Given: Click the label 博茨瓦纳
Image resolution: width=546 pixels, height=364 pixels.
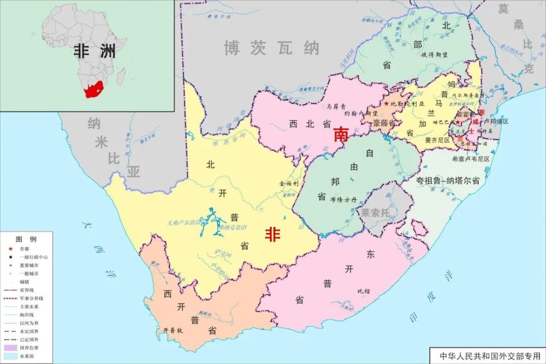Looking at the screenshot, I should pyautogui.click(x=271, y=49).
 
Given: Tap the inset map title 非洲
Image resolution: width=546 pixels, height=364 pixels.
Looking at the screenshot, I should pyautogui.click(x=95, y=52).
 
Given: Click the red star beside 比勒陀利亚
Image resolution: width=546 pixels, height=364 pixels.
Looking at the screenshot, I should pyautogui.click(x=387, y=103).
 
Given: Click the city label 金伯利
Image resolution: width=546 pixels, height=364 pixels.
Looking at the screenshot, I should pyautogui.click(x=289, y=185).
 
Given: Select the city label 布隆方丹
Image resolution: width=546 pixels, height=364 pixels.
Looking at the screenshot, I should pyautogui.click(x=342, y=200).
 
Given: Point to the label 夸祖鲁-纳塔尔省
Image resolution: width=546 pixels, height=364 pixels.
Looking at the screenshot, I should pyautogui.click(x=447, y=181).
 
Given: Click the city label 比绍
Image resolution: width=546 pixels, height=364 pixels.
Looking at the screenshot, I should pyautogui.click(x=363, y=291).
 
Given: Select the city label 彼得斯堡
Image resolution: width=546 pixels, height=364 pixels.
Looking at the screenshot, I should pyautogui.click(x=435, y=55).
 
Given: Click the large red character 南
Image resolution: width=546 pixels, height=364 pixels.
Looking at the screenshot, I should pyautogui.click(x=342, y=134).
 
